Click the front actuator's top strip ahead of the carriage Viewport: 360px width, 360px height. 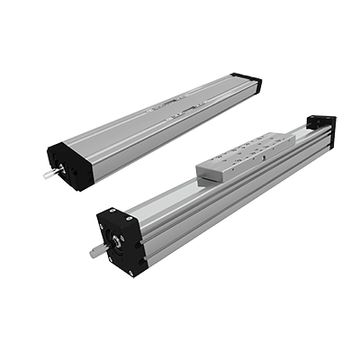[162, 204]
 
